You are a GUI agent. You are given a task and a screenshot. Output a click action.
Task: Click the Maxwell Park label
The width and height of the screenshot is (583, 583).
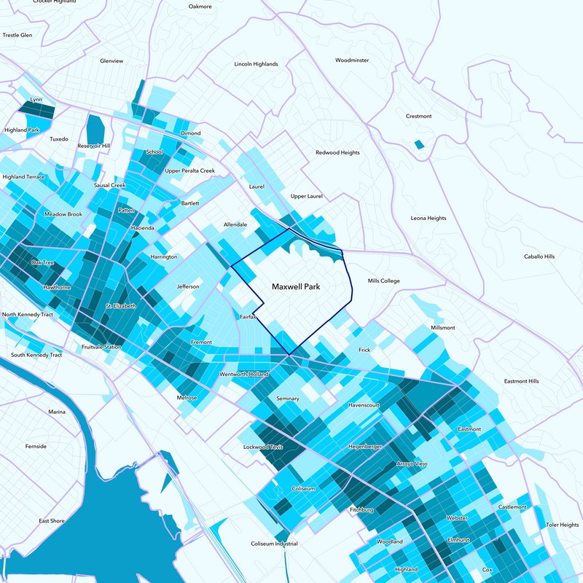pos(296,287)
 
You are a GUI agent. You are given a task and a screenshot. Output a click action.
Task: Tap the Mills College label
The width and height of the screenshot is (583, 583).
pos(384,281)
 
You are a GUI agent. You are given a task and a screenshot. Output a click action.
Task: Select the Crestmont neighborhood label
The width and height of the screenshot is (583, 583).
pos(418,117)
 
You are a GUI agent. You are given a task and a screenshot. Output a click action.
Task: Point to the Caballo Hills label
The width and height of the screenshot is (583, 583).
pos(539,257)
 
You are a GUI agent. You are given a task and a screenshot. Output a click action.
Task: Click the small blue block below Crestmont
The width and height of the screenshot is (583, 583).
pos(418,145)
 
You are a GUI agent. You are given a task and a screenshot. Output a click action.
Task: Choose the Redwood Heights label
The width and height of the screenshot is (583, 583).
pos(337,153)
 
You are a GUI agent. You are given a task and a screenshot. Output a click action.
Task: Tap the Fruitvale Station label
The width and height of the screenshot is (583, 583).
pos(101,346)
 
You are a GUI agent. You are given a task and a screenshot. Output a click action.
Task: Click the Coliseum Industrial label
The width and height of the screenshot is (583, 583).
pos(274,544)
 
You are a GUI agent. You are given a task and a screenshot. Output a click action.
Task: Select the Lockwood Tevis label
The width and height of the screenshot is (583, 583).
pos(262,447)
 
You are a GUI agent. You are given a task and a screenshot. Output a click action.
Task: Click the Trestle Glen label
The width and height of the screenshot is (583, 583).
pos(17,35)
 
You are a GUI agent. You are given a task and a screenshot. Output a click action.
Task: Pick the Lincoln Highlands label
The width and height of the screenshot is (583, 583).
pos(256,64)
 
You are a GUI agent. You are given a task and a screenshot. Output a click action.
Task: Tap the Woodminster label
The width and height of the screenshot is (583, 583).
pos(353,60)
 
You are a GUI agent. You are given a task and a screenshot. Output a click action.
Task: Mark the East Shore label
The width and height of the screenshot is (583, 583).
pos(52,521)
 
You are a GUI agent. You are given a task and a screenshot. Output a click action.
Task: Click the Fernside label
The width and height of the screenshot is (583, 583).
pos(36,446)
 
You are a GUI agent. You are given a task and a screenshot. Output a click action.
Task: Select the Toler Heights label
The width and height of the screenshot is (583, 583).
pos(562,525)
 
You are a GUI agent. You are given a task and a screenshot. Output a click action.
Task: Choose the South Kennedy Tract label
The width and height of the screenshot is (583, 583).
pos(36,355)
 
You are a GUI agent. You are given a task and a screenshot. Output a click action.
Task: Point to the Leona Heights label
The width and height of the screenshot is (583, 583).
pos(429,218)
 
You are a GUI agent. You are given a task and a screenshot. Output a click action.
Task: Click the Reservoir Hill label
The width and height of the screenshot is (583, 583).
pos(93,146)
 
